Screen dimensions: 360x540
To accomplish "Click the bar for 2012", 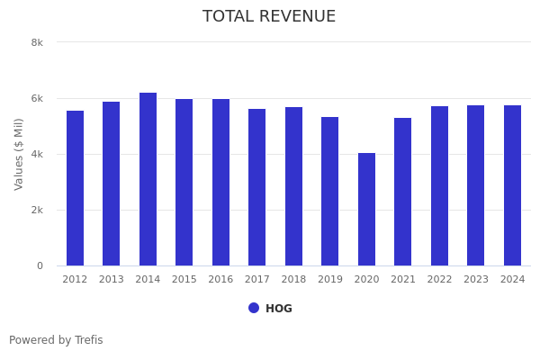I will (75, 188).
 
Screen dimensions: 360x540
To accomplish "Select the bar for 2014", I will (148, 179).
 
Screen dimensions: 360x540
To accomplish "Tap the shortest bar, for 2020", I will (366, 209).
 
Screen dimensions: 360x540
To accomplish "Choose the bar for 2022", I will (439, 185).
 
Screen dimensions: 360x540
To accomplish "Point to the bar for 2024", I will (512, 185).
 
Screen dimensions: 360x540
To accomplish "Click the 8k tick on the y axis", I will (37, 42).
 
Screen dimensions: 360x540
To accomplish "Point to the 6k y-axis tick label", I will (37, 98).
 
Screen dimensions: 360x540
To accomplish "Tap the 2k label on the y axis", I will (37, 210).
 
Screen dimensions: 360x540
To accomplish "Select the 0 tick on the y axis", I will (40, 265).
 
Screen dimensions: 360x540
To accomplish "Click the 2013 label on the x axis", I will (112, 280).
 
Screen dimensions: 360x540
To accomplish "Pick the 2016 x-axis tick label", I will (220, 280).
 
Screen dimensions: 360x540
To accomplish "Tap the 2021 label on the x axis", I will (403, 280).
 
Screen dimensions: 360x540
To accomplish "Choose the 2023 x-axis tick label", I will (476, 280).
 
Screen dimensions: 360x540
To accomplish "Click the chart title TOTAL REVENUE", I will (269, 17).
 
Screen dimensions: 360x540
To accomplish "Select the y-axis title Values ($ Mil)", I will (19, 154).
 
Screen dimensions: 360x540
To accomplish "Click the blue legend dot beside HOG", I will (254, 308).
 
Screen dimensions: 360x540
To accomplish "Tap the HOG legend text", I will (279, 309).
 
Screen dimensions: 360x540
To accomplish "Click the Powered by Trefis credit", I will (56, 340).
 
